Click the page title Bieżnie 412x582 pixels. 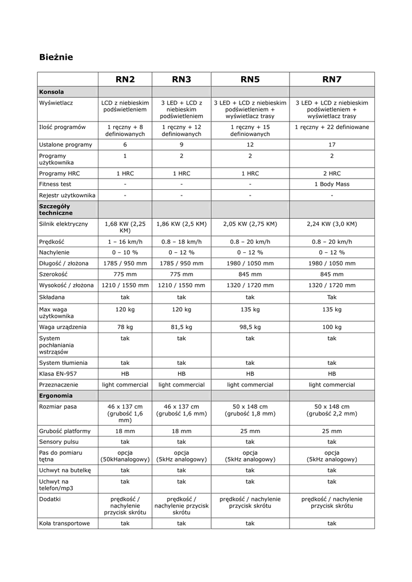click(56, 57)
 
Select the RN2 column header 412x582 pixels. click(125, 79)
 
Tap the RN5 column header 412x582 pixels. click(250, 79)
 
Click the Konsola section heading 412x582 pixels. click(51, 92)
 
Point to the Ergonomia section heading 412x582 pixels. click(56, 396)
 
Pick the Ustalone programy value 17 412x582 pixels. click(332, 144)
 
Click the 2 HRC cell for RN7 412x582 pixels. click(332, 173)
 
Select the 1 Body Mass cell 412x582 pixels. click(332, 184)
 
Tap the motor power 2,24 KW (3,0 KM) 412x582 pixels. click(332, 224)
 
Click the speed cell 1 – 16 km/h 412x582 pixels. click(125, 242)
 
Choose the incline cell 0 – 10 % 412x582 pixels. click(125, 252)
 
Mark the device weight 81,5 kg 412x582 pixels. click(181, 327)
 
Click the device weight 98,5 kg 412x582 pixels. click(250, 327)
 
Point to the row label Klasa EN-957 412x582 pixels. click(58, 374)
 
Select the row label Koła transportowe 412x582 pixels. click(64, 523)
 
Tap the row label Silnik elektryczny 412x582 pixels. click(64, 224)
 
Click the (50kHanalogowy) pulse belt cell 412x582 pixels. click(125, 456)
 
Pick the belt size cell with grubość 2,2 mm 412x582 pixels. click(332, 410)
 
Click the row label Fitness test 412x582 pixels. click(55, 184)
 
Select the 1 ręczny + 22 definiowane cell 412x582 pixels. click(332, 127)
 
